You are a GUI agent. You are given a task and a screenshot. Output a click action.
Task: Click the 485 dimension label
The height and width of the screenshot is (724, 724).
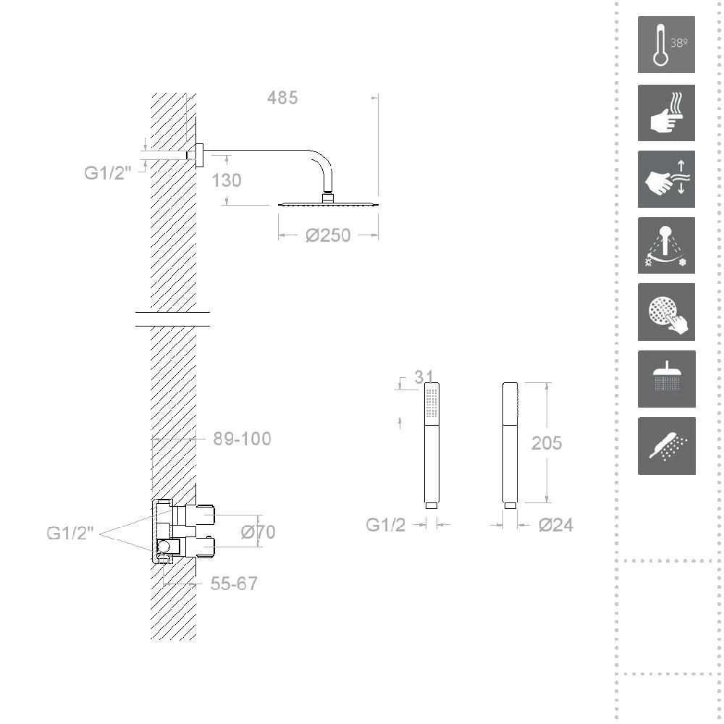click(x=282, y=98)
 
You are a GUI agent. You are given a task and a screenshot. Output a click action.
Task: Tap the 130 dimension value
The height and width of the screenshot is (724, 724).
click(x=226, y=180)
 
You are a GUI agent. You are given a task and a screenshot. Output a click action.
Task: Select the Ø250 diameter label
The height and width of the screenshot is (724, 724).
click(x=328, y=235)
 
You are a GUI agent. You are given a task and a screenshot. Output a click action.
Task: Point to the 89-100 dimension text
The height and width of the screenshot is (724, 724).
click(x=242, y=439)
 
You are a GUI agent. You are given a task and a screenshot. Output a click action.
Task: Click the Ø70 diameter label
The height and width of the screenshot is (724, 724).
click(x=258, y=532)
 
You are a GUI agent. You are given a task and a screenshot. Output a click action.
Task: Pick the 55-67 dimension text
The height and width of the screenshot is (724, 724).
click(x=234, y=584)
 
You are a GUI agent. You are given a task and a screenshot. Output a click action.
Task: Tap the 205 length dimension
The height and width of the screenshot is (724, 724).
click(x=547, y=443)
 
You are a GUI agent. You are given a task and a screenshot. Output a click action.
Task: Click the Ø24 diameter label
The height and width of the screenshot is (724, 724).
click(x=556, y=525)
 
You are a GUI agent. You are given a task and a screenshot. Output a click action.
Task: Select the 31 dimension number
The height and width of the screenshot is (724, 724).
click(x=424, y=377)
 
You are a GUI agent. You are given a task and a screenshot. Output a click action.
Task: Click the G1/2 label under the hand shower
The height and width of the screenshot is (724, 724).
click(x=386, y=525)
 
